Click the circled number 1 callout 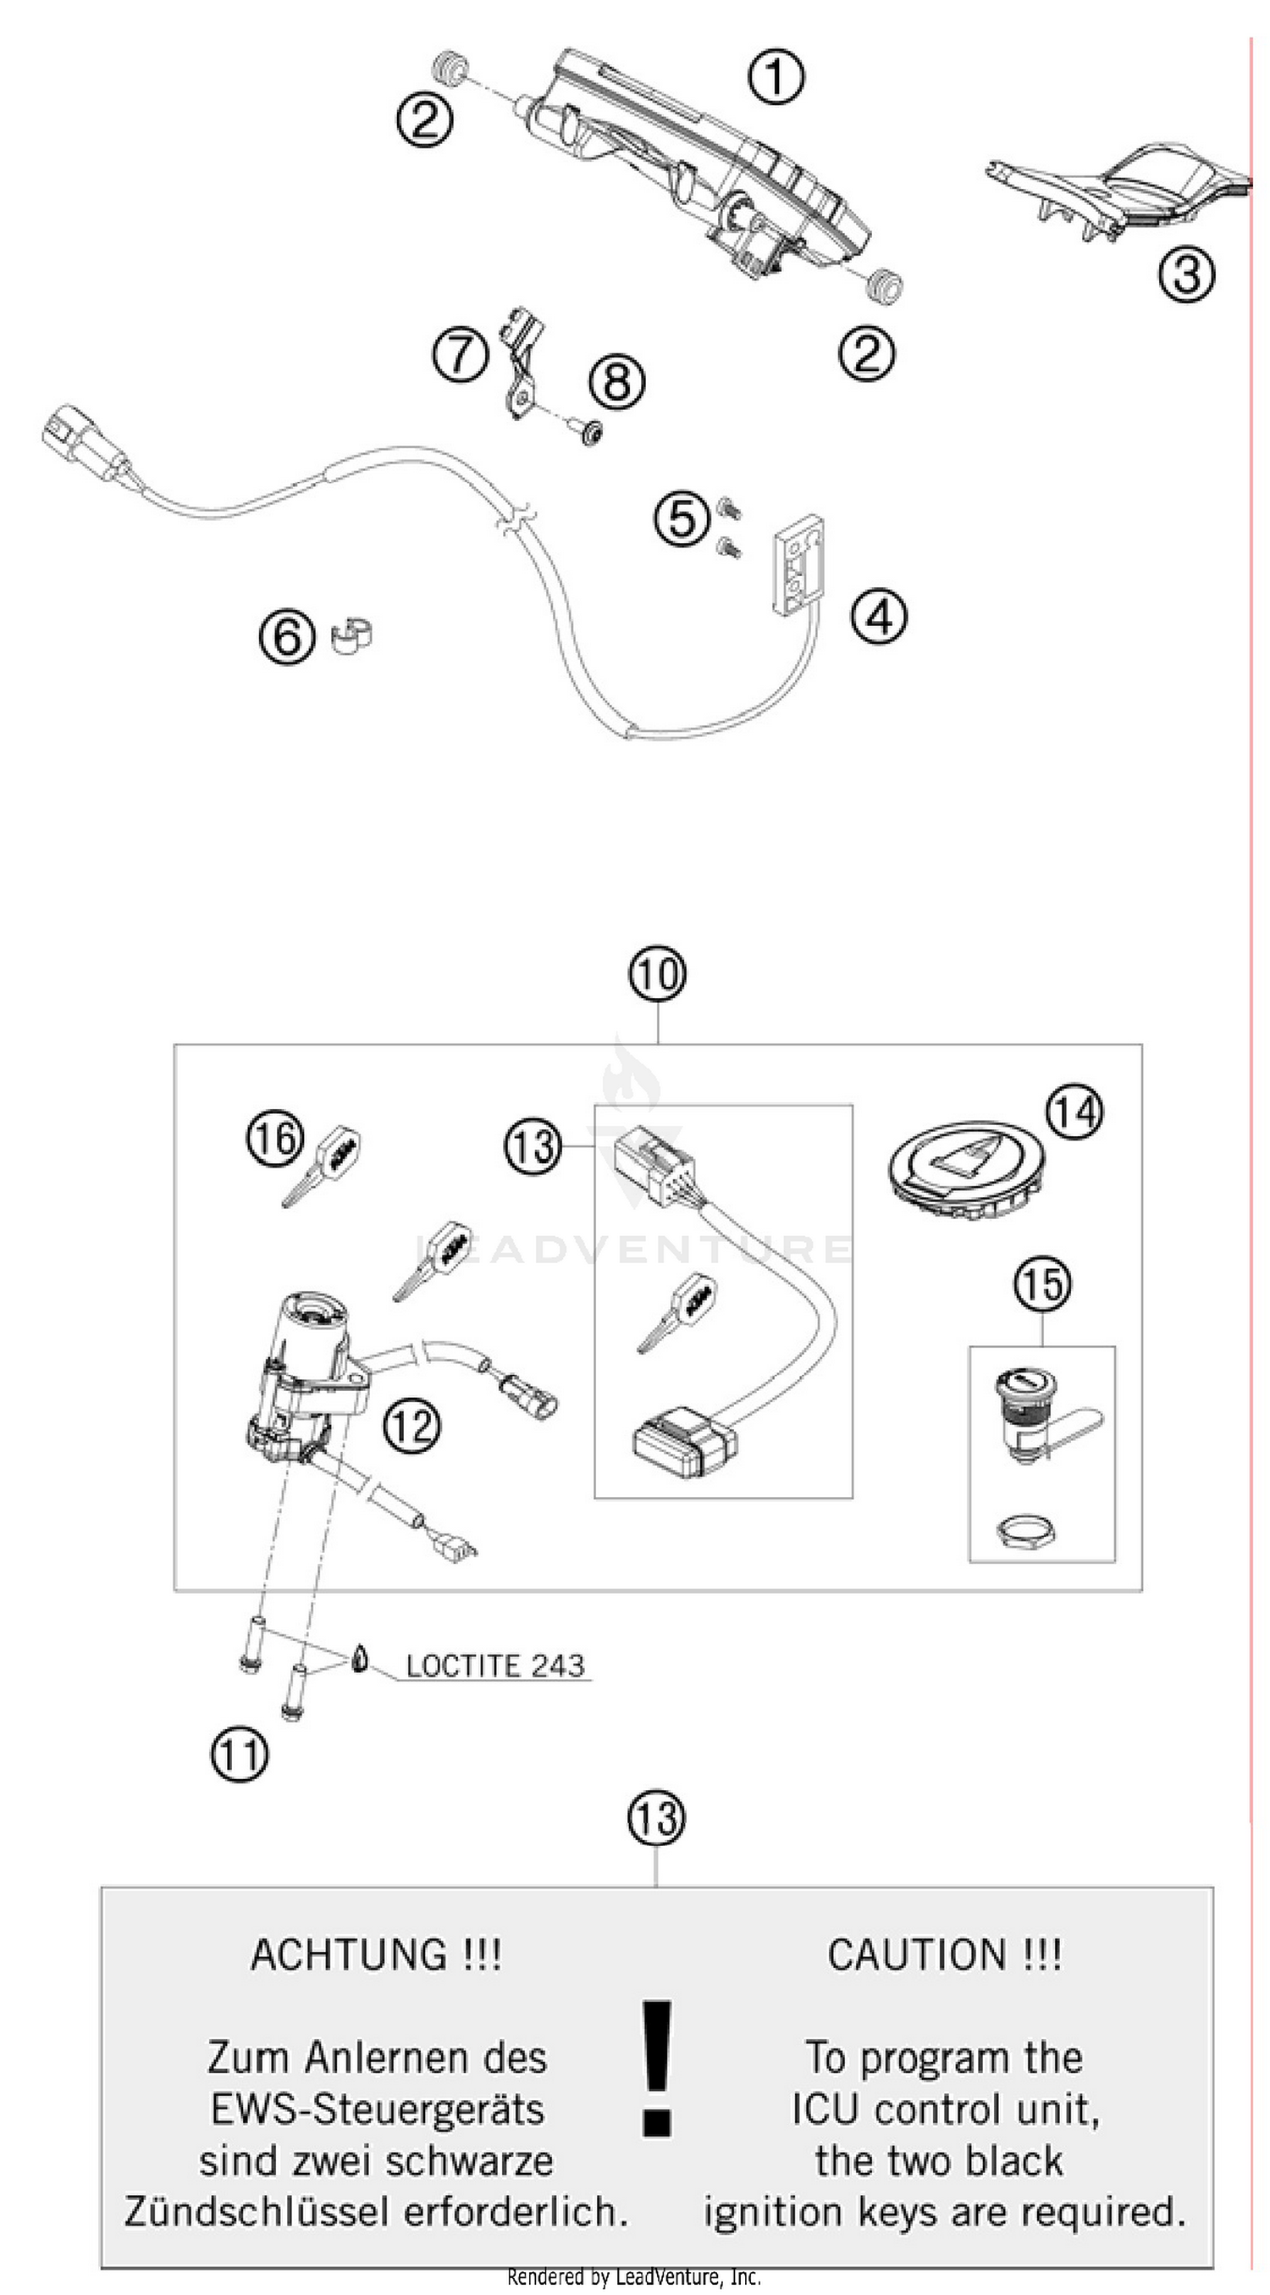coord(775,76)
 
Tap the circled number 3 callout coord(1186,274)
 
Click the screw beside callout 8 coord(590,434)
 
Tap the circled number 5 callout coord(682,518)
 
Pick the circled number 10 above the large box coord(657,973)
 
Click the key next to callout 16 coord(323,1164)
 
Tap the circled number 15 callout coord(1042,1283)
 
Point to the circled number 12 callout coord(411,1425)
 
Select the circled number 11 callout coord(240,1755)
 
